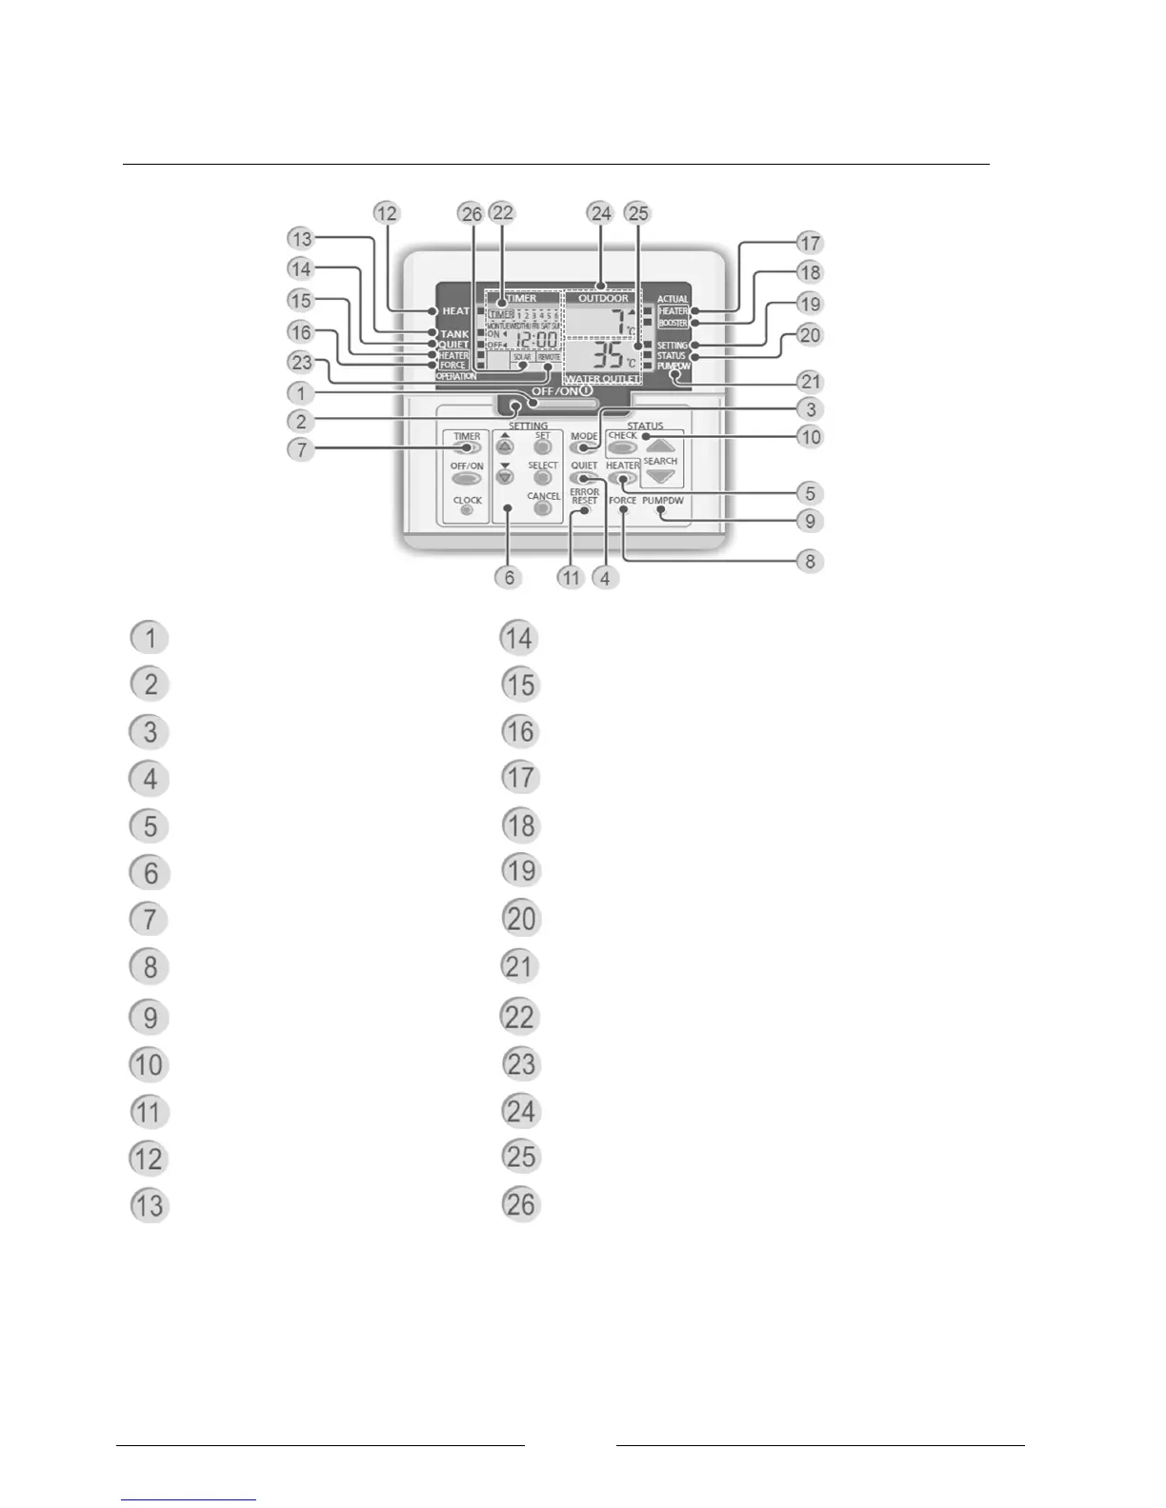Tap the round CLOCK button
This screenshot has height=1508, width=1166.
coord(466,510)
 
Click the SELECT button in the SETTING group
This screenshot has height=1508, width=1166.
coord(542,478)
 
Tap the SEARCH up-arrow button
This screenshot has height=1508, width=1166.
coord(660,446)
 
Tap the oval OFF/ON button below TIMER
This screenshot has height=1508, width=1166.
coord(466,478)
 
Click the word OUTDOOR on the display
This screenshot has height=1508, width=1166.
coord(603,298)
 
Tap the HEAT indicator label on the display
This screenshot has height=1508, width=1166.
coord(455,311)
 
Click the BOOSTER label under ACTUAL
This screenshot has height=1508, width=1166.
coord(673,324)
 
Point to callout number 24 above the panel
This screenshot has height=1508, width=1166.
coord(600,213)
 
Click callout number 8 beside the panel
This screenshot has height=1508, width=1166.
coord(810,561)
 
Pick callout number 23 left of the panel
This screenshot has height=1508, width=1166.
coord(301,363)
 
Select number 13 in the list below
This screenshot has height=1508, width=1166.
coord(150,1206)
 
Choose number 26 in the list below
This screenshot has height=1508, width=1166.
coord(520,1204)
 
